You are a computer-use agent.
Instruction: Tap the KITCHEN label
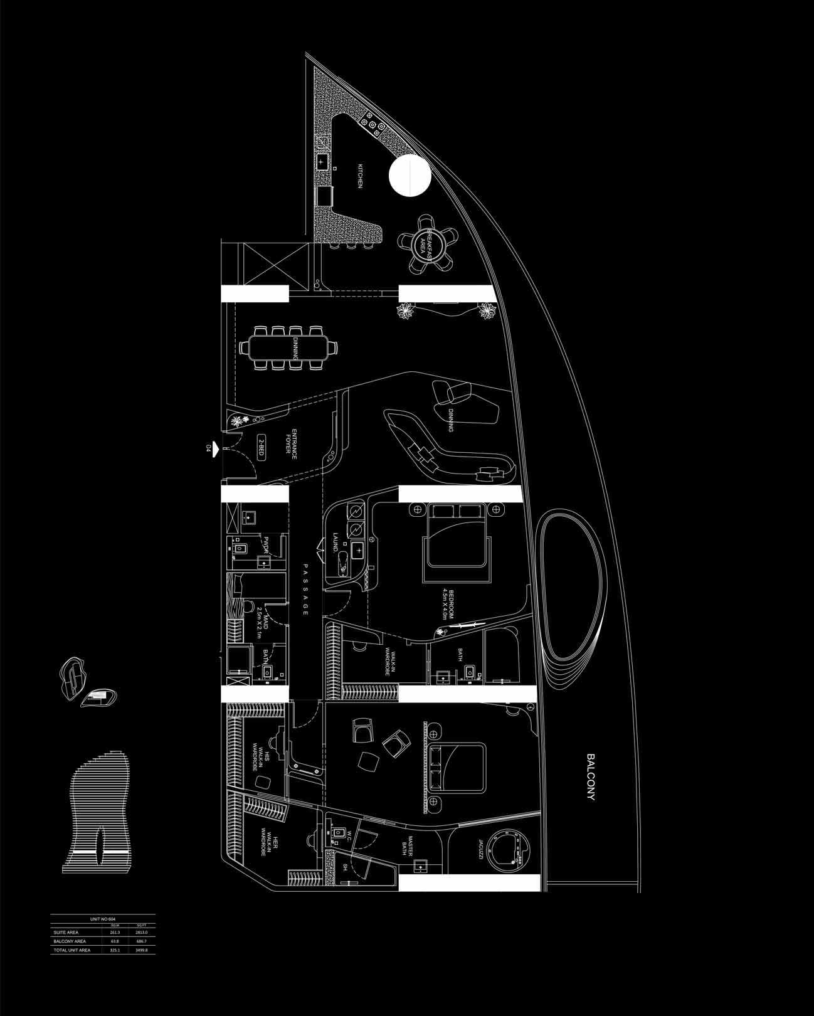click(x=361, y=176)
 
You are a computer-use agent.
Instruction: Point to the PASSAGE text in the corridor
click(x=305, y=589)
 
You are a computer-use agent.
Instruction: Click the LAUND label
click(x=336, y=542)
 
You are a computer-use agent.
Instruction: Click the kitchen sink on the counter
click(x=322, y=162)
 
